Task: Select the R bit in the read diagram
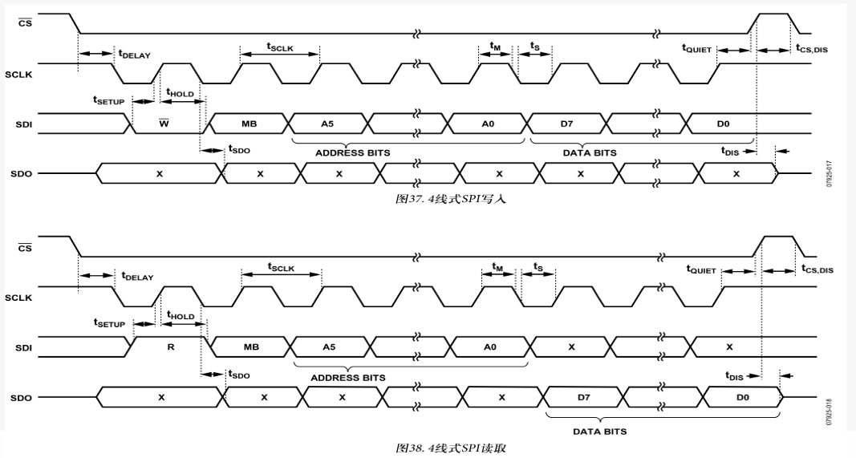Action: [169, 347]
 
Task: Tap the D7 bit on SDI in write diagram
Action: [567, 124]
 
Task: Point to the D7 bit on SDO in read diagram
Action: [583, 397]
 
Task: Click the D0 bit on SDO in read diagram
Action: [743, 397]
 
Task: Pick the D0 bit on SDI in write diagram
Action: [723, 124]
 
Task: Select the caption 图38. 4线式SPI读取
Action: [452, 447]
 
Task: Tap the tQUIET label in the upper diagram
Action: [697, 49]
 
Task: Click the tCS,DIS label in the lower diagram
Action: [817, 269]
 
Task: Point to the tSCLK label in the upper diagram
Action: [280, 47]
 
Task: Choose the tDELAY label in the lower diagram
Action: [137, 276]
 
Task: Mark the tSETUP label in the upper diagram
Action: [109, 100]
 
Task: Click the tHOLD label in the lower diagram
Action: [180, 316]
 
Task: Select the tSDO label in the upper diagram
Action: [239, 149]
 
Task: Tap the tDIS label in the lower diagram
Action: [733, 375]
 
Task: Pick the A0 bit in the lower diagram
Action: [490, 347]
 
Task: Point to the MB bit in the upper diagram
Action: [249, 124]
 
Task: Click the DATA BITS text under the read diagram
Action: [600, 431]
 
